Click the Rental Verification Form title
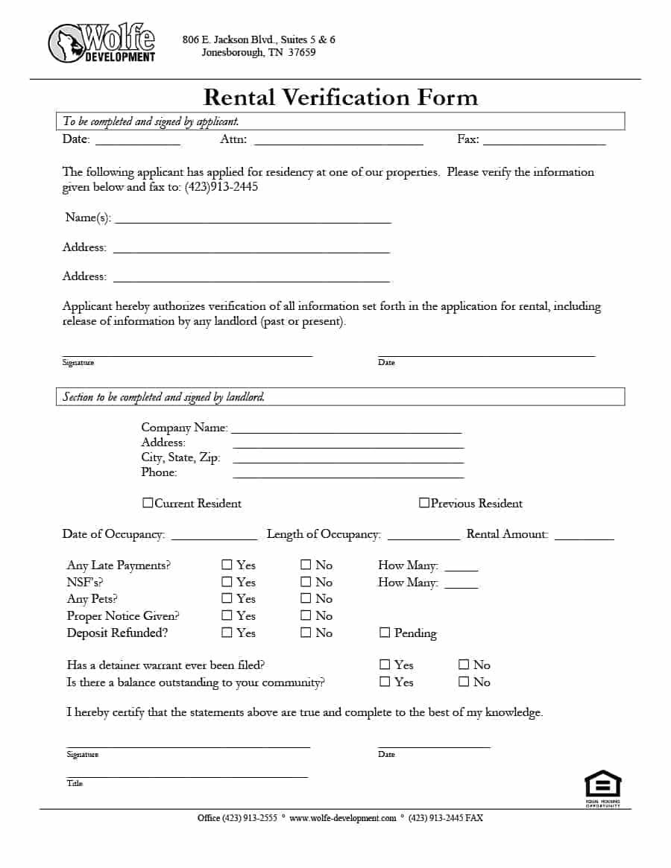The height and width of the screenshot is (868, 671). pyautogui.click(x=340, y=98)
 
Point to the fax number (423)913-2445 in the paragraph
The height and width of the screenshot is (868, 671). pyautogui.click(x=221, y=187)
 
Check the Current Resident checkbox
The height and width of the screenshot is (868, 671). pyautogui.click(x=148, y=503)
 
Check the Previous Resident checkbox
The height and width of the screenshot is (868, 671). pyautogui.click(x=423, y=503)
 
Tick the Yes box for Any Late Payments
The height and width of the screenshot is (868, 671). pyautogui.click(x=227, y=565)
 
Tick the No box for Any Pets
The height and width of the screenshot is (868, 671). pyautogui.click(x=306, y=598)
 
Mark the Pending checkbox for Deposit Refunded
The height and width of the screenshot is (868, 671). pyautogui.click(x=385, y=633)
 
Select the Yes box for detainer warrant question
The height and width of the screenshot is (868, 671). pyautogui.click(x=385, y=664)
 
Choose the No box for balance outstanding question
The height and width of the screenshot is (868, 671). pyautogui.click(x=464, y=681)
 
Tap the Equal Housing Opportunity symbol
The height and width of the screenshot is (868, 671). pyautogui.click(x=602, y=786)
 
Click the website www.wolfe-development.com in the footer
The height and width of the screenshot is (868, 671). pyautogui.click(x=343, y=818)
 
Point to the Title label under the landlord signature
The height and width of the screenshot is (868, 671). pyautogui.click(x=75, y=783)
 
